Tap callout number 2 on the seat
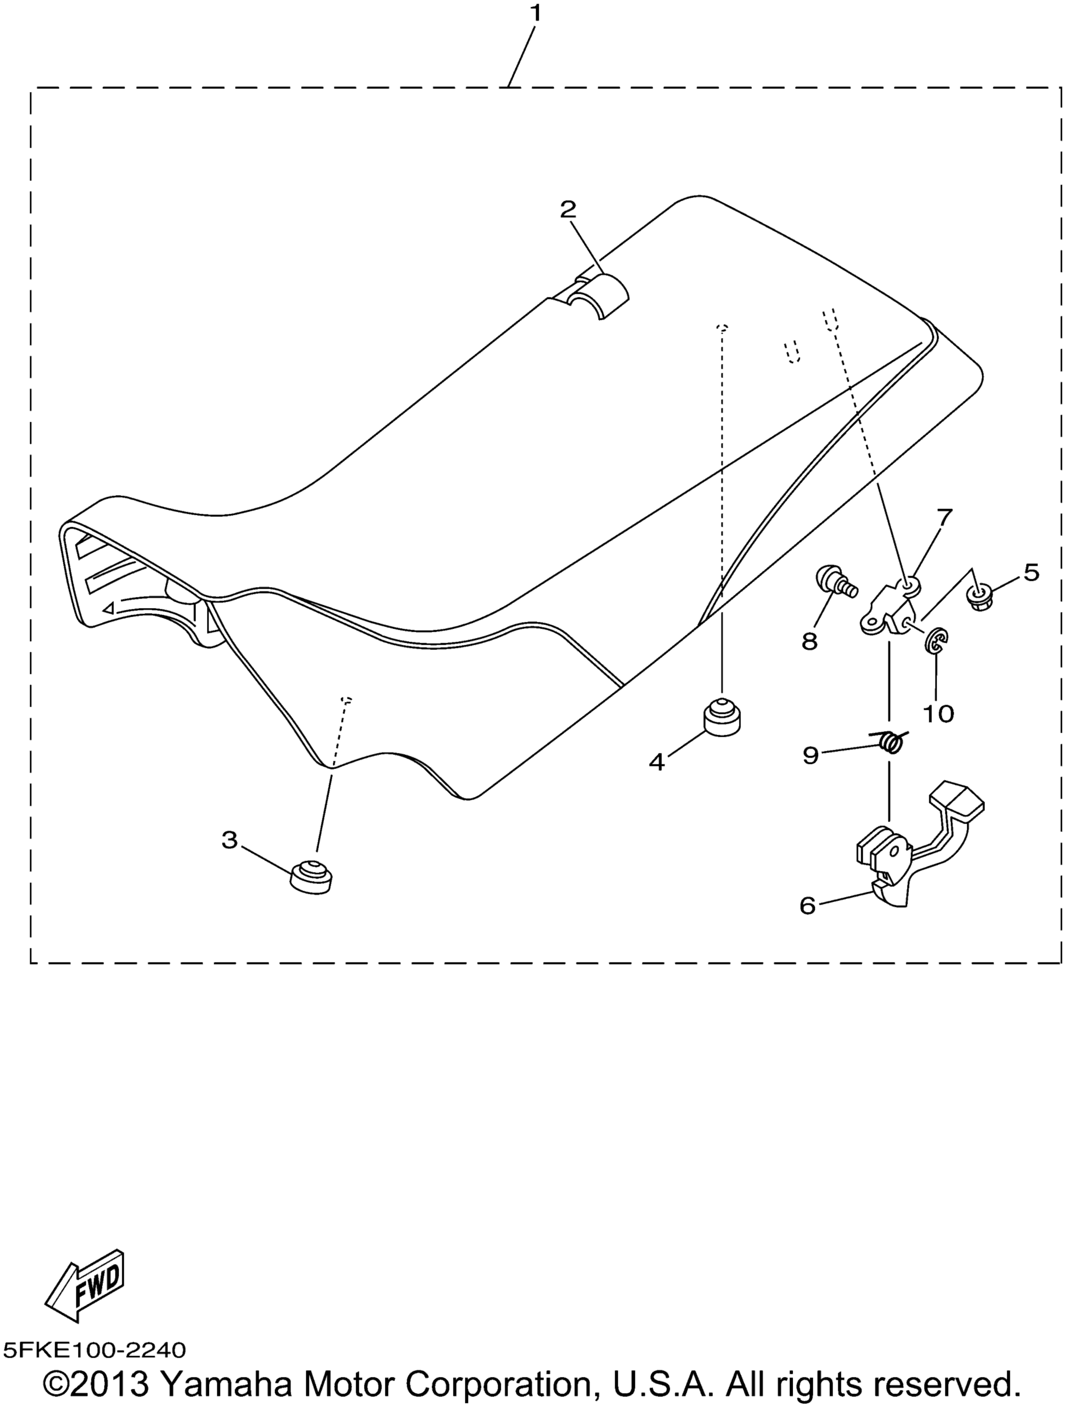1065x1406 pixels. click(x=568, y=209)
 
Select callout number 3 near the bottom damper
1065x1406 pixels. click(x=229, y=840)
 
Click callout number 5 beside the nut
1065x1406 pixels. click(x=1030, y=572)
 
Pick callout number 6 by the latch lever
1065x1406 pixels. click(x=808, y=905)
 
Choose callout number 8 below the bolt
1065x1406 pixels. click(x=809, y=641)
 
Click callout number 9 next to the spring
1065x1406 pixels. click(x=810, y=755)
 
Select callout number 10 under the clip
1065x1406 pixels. click(x=938, y=714)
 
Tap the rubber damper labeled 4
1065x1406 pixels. click(x=722, y=717)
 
